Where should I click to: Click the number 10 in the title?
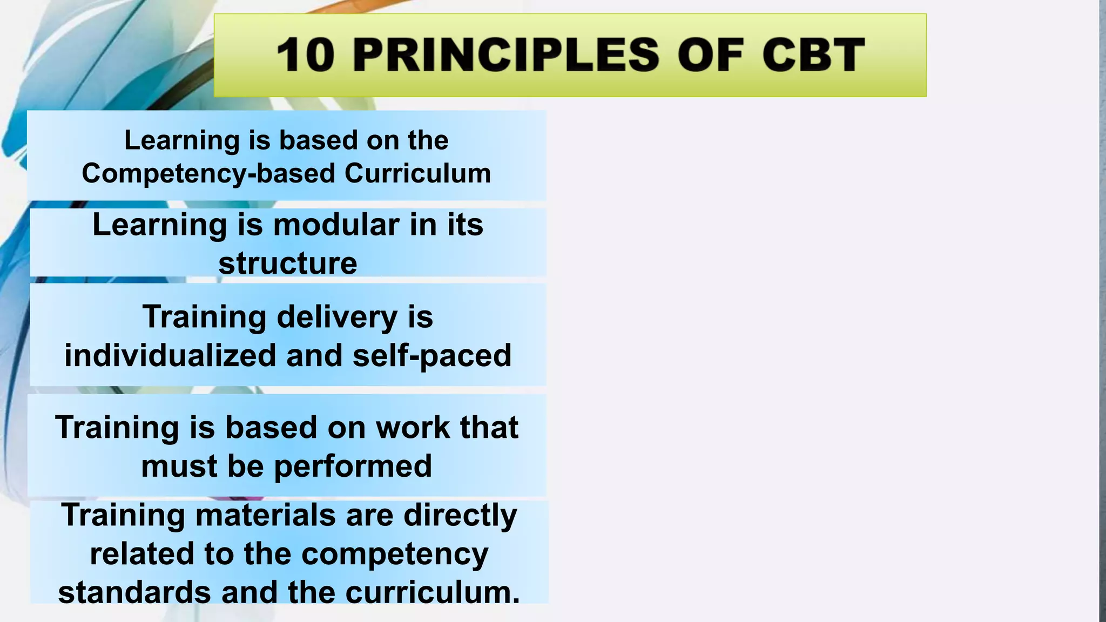pyautogui.click(x=306, y=55)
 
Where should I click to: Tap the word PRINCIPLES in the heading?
pyautogui.click(x=505, y=55)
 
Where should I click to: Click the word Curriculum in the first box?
pyautogui.click(x=417, y=174)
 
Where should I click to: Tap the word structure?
pyautogui.click(x=287, y=263)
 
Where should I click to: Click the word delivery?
pyautogui.click(x=337, y=317)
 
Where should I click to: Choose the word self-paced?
pyautogui.click(x=431, y=356)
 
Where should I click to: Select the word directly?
pyautogui.click(x=460, y=515)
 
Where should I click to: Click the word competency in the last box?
pyautogui.click(x=394, y=554)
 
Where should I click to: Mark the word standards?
pyautogui.click(x=134, y=592)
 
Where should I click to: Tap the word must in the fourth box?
pyautogui.click(x=179, y=466)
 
